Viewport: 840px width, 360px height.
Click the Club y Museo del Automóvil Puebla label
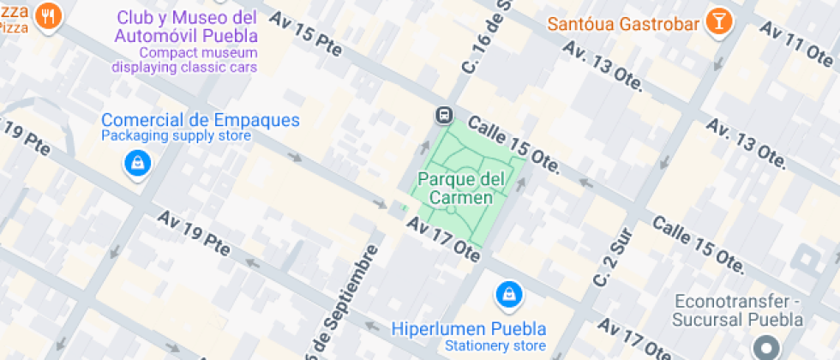(186, 27)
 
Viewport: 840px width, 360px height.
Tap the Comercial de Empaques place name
(200, 120)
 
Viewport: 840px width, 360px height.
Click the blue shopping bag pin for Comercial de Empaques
(137, 162)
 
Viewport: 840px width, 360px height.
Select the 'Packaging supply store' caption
(177, 136)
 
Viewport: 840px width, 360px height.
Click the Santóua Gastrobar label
(624, 23)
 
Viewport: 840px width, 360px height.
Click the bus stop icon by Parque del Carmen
(444, 115)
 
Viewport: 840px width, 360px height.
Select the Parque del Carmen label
(455, 189)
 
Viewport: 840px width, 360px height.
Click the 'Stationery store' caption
(495, 346)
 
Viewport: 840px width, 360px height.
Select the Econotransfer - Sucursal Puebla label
(737, 309)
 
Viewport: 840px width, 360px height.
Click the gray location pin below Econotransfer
(765, 348)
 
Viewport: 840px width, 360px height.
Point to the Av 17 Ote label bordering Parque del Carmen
(442, 238)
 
